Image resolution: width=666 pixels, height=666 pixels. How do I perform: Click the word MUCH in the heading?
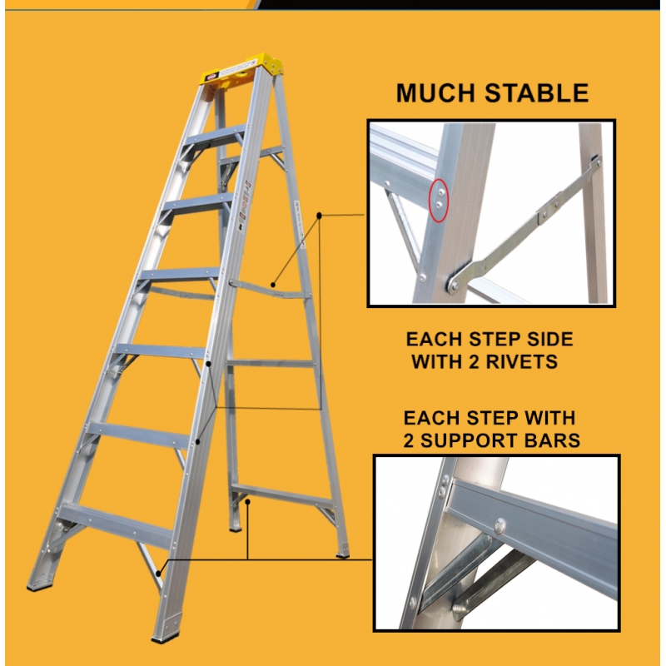[435, 92]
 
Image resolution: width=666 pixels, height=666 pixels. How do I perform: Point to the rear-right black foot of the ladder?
[343, 552]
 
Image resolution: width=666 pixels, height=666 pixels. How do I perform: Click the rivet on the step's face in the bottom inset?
[500, 524]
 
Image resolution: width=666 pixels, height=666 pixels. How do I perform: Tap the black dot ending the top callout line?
[320, 216]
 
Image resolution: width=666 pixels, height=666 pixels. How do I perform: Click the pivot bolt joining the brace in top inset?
[454, 283]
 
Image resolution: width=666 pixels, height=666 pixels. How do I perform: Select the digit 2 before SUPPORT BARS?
[411, 439]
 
